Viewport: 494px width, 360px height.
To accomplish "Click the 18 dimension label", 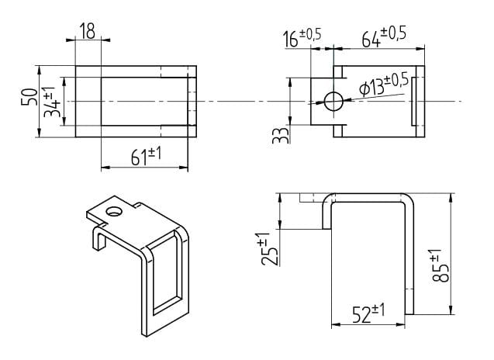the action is (88, 31).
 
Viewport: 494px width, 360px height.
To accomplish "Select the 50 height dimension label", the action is (29, 97).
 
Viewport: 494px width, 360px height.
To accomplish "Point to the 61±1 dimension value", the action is (146, 156).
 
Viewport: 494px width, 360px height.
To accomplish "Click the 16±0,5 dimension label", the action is (302, 37).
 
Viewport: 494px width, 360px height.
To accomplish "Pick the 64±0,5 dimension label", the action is (384, 37).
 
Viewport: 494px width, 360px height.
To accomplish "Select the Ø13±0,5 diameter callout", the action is (384, 85).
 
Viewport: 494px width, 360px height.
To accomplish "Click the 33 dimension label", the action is (281, 135).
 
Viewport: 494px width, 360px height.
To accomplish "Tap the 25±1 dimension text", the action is (270, 249).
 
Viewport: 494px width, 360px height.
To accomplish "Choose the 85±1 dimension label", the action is (440, 265).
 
